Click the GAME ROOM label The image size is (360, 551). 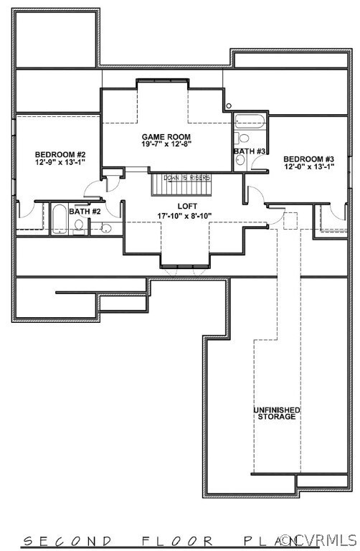tap(166, 136)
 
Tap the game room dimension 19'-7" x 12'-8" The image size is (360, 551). tap(166, 144)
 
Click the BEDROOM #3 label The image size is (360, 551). tap(309, 159)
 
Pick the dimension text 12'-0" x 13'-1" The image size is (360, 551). tap(309, 167)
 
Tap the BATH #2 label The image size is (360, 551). tap(85, 212)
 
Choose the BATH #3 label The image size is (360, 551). tap(250, 151)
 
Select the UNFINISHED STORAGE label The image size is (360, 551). tap(277, 413)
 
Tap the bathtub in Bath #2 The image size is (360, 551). tap(57, 219)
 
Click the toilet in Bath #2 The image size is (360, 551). tap(78, 227)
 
